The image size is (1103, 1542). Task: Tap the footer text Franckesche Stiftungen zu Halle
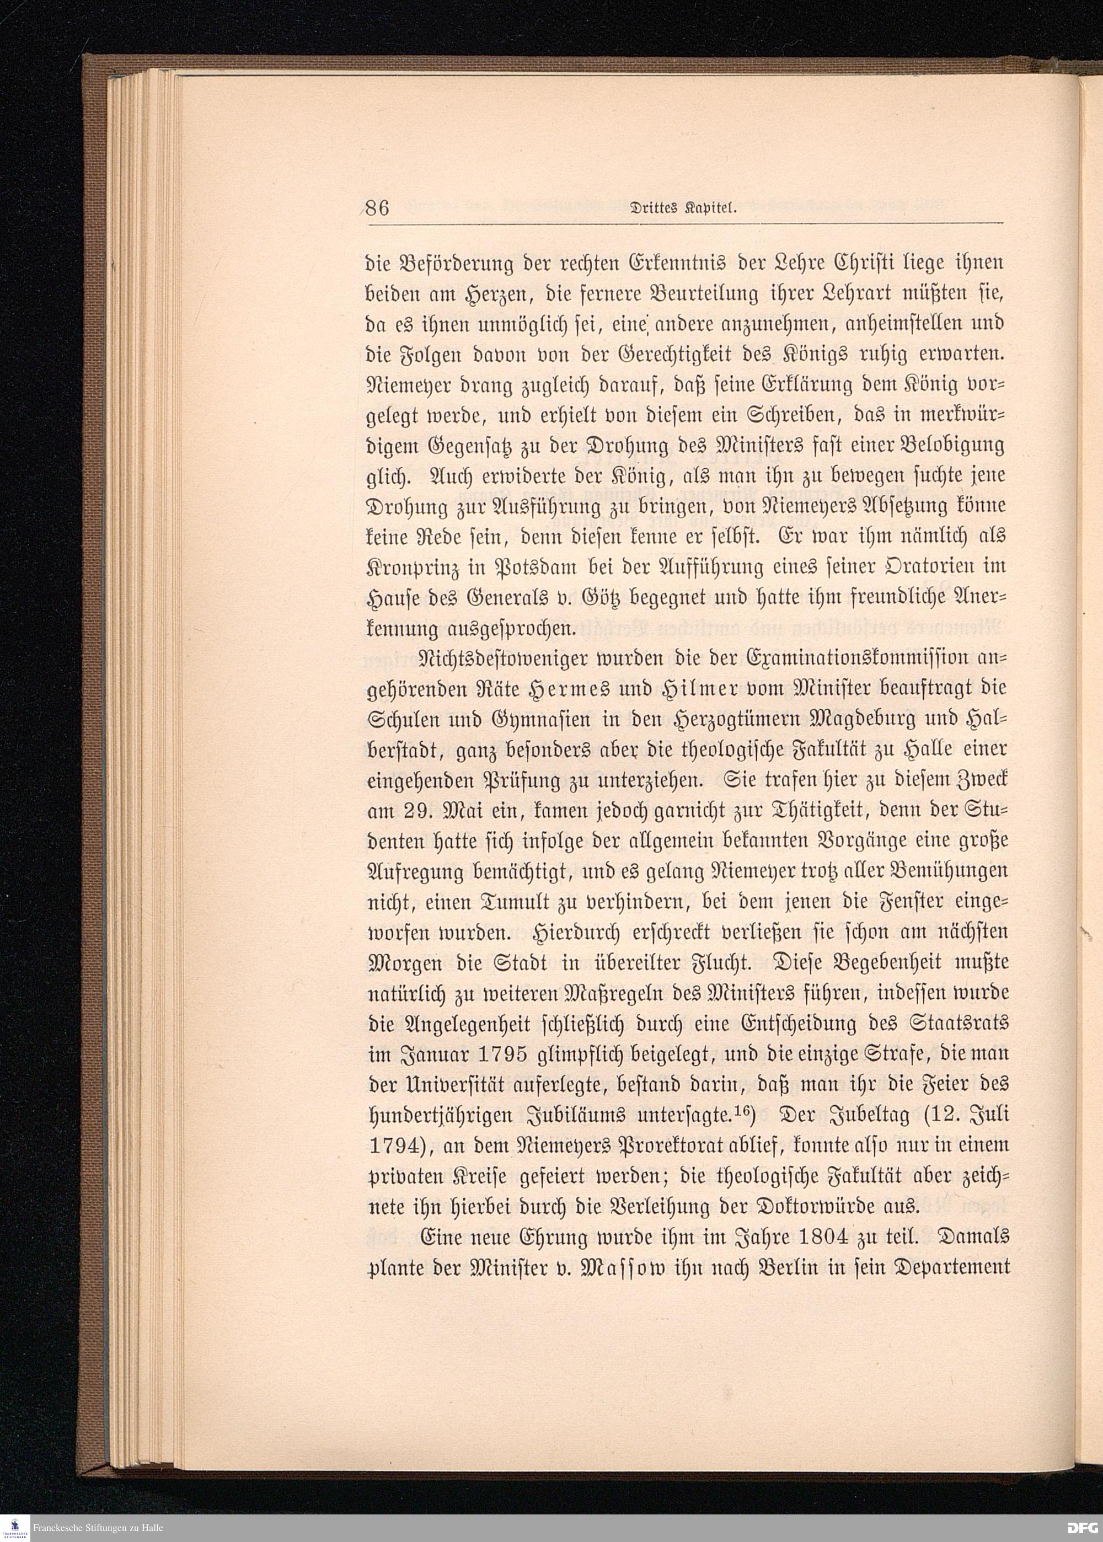[99, 1528]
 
